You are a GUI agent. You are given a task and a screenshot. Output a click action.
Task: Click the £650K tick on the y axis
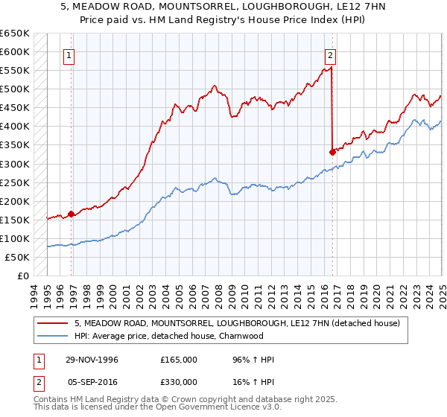[x=15, y=34]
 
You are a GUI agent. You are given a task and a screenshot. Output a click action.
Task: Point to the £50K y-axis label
[x=17, y=257]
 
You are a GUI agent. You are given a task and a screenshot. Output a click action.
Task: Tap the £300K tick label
[x=15, y=164]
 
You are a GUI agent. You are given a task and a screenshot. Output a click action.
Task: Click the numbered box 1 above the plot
[x=69, y=54]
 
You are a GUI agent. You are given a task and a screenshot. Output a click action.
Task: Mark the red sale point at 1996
[x=72, y=214]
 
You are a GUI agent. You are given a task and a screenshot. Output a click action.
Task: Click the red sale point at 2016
[x=332, y=152]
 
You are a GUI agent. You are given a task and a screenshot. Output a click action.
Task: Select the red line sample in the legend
[x=52, y=323]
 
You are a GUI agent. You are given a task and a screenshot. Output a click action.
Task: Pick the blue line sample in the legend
[x=52, y=336]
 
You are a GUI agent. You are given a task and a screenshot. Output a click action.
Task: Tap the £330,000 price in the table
[x=179, y=381]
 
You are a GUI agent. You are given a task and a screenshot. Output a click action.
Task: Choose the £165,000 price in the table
[x=179, y=360]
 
